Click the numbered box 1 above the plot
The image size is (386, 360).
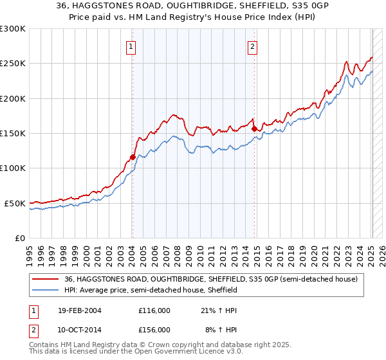pos(131,46)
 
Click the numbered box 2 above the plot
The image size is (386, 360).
pos(253,46)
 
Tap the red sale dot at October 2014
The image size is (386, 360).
pos(254,129)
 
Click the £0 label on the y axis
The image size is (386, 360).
pos(21,238)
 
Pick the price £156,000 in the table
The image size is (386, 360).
pos(154,330)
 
